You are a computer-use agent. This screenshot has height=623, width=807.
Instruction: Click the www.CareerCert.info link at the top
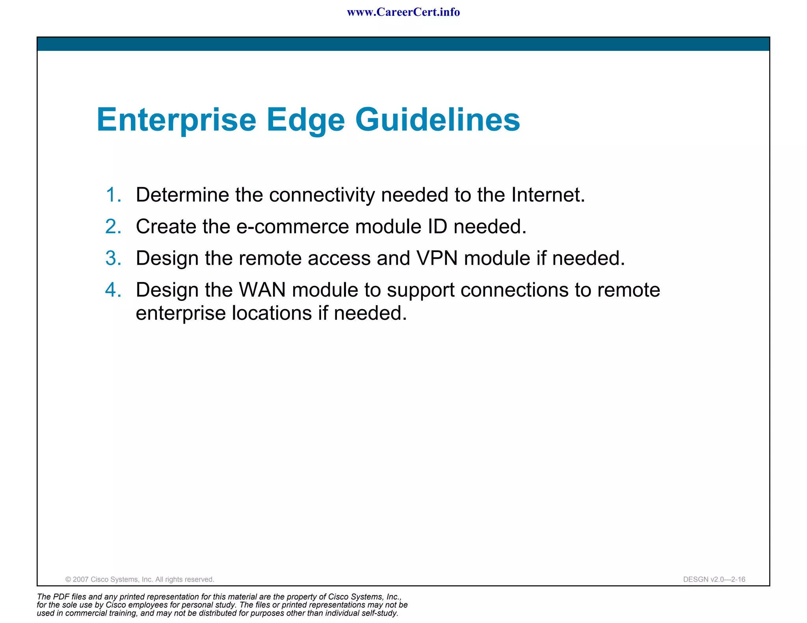403,12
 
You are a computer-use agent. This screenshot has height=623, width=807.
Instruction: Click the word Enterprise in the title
176,120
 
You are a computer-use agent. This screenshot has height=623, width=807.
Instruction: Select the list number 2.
113,227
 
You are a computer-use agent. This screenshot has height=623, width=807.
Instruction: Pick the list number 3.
113,258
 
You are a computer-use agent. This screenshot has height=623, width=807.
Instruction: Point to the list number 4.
113,290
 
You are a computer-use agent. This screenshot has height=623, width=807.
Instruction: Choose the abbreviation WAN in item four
262,290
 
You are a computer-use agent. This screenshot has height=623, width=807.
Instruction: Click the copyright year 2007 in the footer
81,579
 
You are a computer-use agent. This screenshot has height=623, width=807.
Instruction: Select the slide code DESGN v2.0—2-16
714,579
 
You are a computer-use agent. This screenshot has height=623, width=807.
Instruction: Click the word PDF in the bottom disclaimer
61,597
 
